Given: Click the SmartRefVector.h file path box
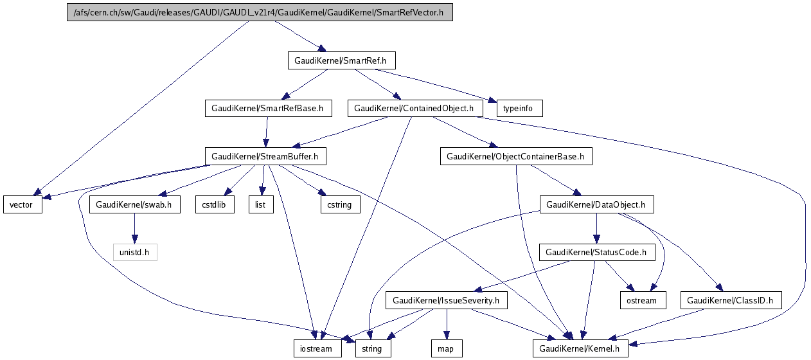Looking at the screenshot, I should coord(260,13).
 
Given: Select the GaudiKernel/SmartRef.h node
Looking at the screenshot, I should coord(341,61).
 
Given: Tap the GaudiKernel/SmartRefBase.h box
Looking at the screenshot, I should coord(267,109).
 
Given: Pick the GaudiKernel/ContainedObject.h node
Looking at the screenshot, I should coord(414,109).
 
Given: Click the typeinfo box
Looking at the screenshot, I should coord(519,109).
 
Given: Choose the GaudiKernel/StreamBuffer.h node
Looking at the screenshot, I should coord(265,156).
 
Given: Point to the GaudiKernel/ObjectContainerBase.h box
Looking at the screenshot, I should coord(515,156).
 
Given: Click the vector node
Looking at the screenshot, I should coord(22,204).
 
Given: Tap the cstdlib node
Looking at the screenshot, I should coord(214,204).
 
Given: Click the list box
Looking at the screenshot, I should coord(261,204).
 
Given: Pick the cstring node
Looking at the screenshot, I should coord(340,204).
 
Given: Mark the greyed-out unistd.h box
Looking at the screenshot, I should coord(135,252).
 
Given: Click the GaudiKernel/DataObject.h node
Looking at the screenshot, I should coord(596,204).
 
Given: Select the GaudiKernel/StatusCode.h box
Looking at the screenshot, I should coord(596,252).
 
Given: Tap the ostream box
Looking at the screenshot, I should coord(643,300).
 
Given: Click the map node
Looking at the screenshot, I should coord(446,348).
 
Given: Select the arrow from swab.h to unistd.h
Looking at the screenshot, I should coord(135,228).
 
